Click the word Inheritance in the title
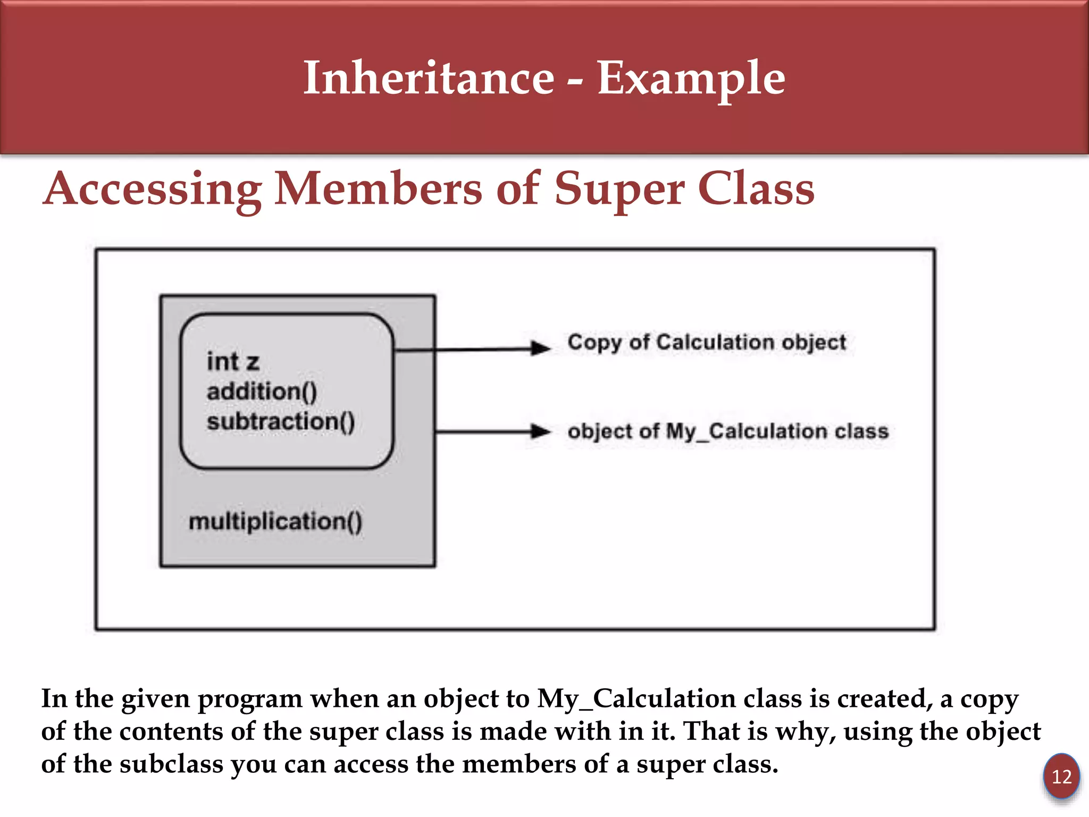429,78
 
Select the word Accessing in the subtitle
152,190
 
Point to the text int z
233,362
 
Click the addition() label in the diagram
262,391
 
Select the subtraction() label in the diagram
280,421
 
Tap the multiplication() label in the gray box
275,521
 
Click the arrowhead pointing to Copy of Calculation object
541,348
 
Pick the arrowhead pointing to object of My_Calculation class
541,431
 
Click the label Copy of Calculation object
706,342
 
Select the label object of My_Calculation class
727,431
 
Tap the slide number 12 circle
1061,776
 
